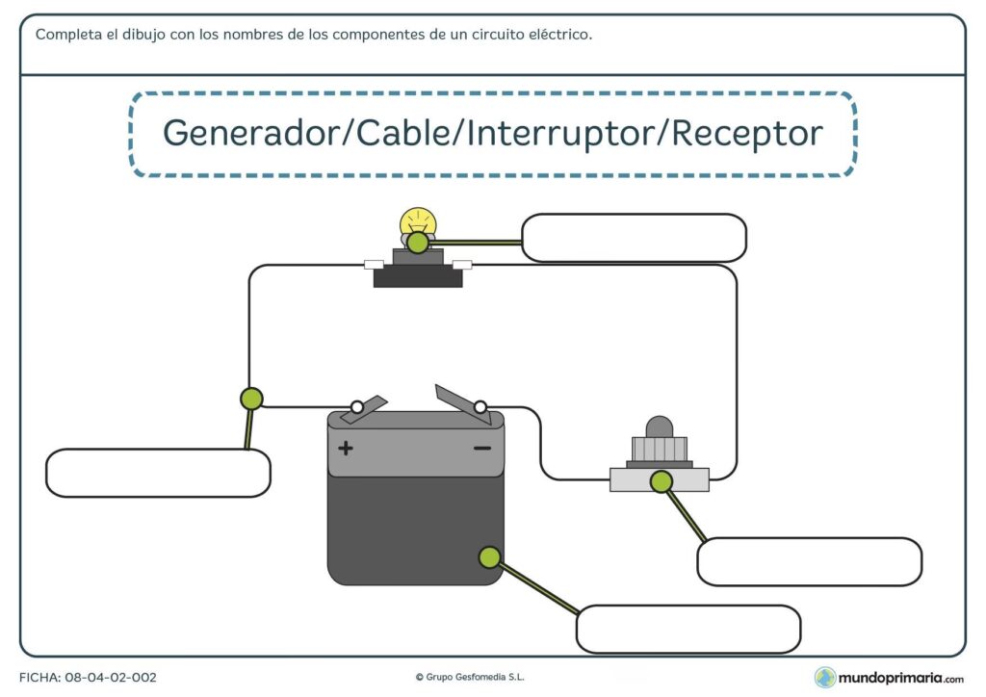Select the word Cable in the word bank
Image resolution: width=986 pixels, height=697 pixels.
404,133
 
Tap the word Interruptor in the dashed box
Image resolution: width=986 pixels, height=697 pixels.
559,133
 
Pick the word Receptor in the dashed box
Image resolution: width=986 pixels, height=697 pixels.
746,133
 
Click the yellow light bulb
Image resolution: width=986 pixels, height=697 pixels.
416,222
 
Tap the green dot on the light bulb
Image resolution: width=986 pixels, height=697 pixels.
417,243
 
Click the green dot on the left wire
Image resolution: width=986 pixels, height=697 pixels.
250,398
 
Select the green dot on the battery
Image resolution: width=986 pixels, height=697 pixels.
489,556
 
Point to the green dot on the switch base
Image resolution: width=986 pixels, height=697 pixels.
661,481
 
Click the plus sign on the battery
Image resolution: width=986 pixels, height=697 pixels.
346,448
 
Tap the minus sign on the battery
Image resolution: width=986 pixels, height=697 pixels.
482,448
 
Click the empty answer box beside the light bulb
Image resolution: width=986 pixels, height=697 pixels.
634,238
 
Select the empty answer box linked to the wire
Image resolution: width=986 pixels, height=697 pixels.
158,473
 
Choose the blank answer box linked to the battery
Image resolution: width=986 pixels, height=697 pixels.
688,629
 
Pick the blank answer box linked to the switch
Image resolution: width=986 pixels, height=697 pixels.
809,562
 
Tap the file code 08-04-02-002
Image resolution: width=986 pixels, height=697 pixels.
111,678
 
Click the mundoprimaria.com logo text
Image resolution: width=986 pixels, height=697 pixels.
900,678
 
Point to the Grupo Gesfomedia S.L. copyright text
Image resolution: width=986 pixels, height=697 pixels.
469,678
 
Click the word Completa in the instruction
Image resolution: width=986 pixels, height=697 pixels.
66,35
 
